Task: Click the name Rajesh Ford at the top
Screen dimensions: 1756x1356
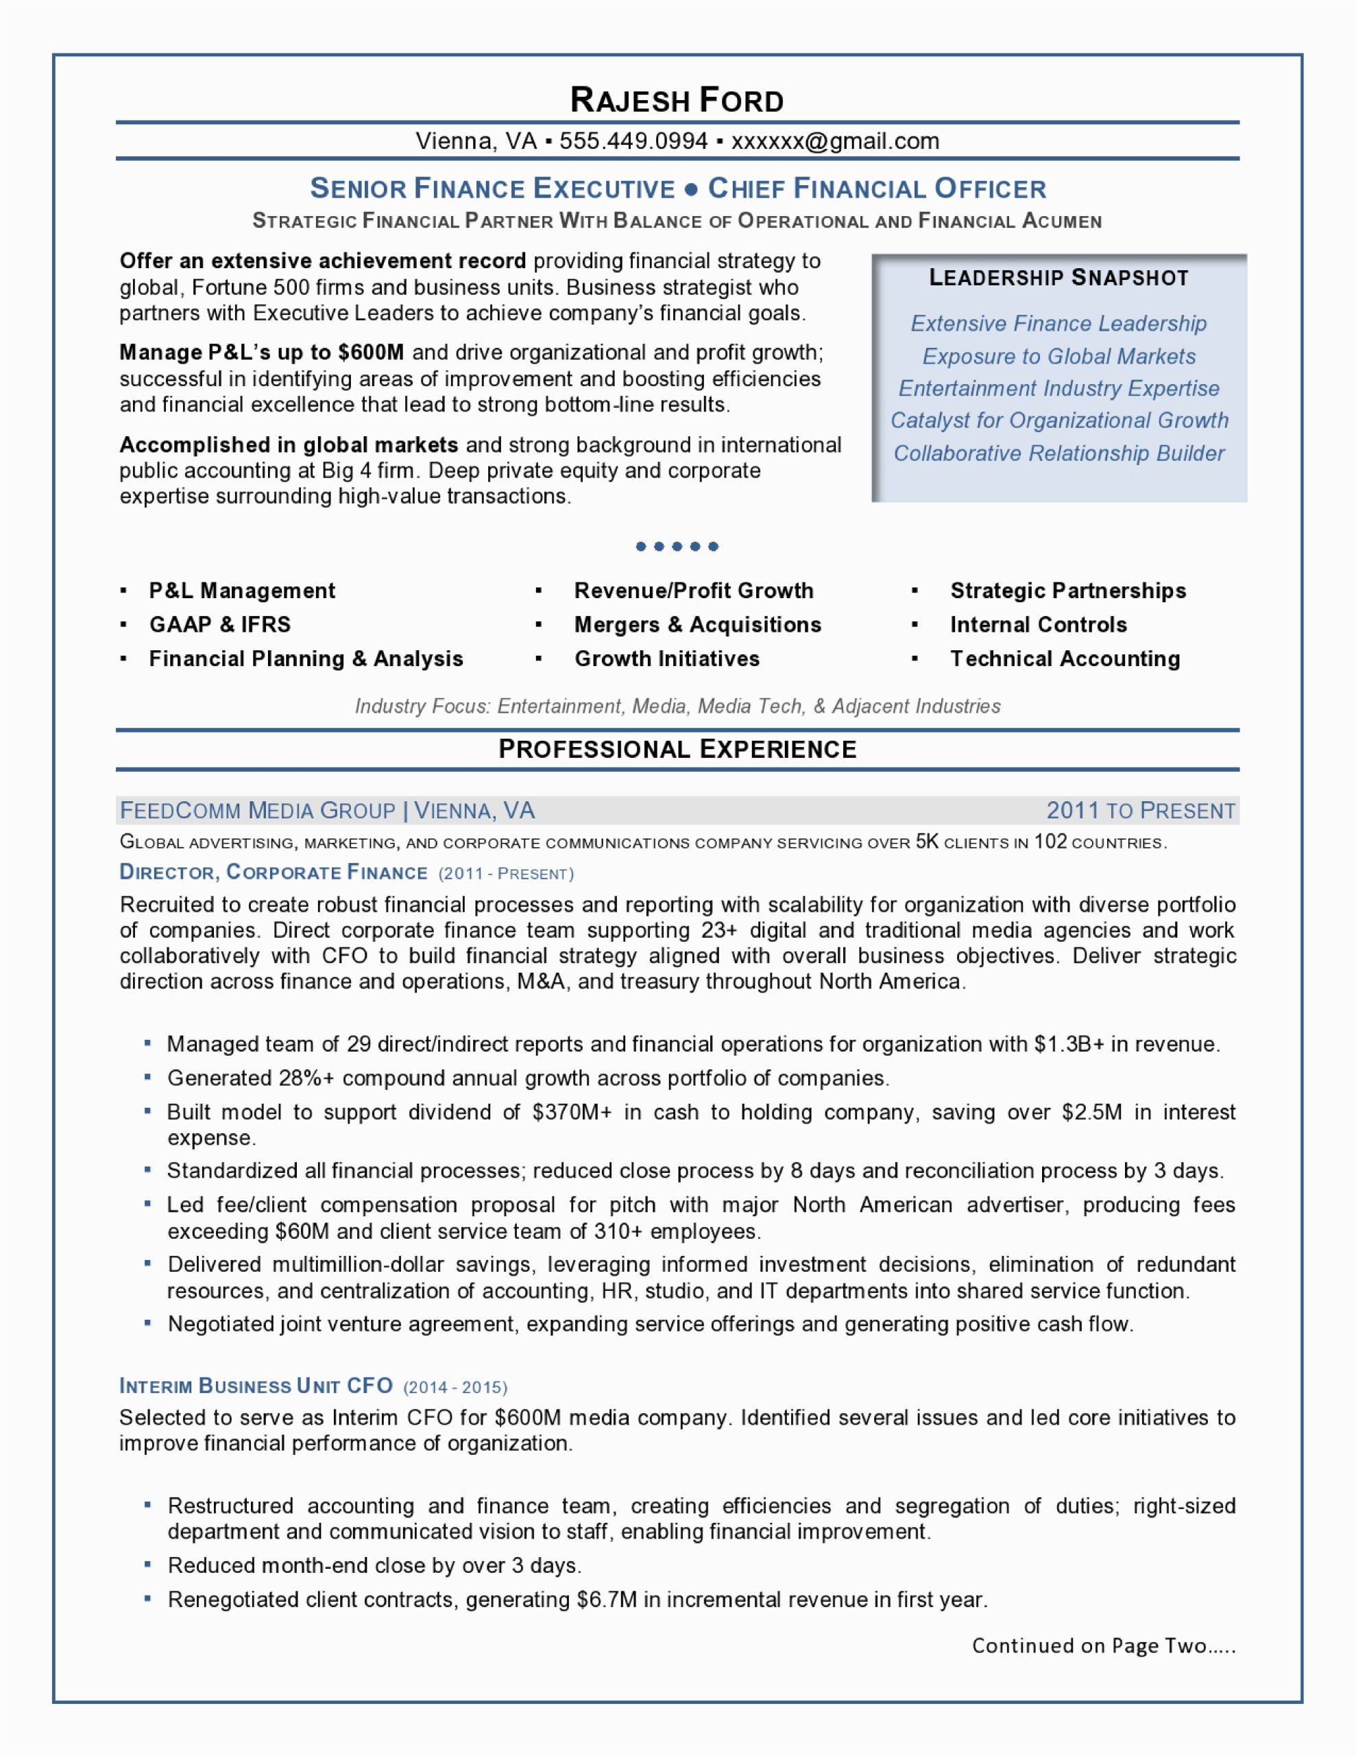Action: (x=677, y=101)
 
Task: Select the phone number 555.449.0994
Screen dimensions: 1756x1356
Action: (x=633, y=141)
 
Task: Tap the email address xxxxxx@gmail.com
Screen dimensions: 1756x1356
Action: (x=835, y=141)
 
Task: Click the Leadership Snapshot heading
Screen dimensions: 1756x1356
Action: (x=1058, y=278)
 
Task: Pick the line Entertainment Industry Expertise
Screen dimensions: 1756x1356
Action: (x=1058, y=388)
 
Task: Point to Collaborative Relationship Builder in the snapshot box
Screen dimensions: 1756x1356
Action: (x=1058, y=453)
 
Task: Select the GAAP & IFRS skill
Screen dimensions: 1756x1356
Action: (x=220, y=625)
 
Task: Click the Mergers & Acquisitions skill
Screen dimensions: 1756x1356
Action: (x=698, y=625)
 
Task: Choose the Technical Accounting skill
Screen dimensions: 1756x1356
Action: (x=1065, y=659)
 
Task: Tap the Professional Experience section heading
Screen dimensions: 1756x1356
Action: (x=677, y=749)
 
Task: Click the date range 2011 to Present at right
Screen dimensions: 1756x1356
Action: (x=1141, y=811)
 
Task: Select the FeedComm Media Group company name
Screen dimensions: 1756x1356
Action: (x=257, y=811)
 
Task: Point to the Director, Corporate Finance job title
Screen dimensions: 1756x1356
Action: (x=274, y=873)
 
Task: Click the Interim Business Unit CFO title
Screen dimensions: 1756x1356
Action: (x=256, y=1386)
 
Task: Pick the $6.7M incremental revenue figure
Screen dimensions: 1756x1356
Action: (x=607, y=1600)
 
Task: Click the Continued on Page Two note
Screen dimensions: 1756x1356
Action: (x=1104, y=1646)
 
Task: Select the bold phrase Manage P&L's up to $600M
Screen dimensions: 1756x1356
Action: (x=261, y=353)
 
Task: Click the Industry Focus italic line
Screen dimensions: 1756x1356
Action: (x=677, y=706)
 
